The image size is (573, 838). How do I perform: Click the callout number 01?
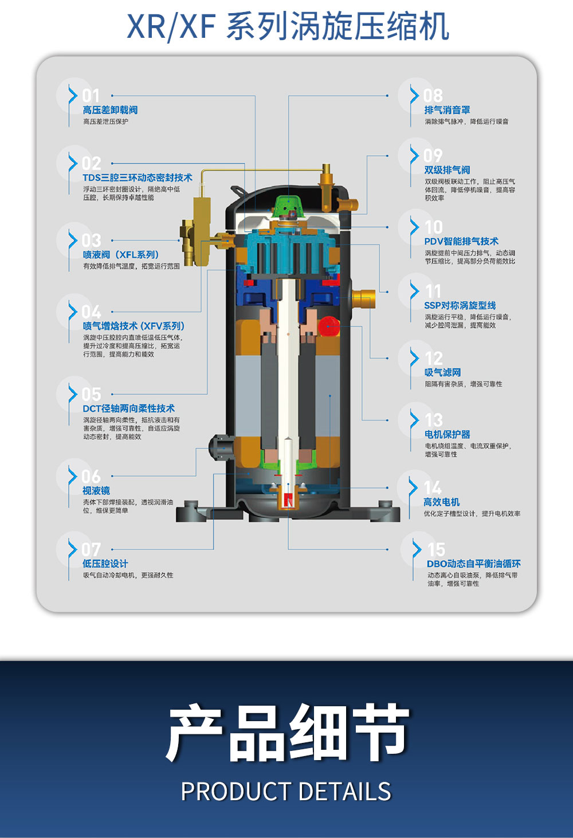pos(91,96)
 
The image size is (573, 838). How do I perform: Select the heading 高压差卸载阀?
pos(110,110)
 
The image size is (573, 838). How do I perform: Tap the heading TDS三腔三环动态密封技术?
pos(138,178)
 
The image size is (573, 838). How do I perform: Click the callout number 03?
pos(91,241)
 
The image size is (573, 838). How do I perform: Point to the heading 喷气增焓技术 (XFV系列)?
pos(134,326)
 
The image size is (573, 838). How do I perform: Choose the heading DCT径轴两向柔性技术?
pos(129,408)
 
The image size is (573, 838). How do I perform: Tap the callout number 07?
pos(91,549)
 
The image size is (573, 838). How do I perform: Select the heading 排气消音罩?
pos(447,110)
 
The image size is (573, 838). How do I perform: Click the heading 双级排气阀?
pos(447,170)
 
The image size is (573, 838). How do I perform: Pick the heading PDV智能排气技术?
pos(461,241)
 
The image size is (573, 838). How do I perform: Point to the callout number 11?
pos(433,292)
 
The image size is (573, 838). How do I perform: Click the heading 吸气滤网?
pos(442,372)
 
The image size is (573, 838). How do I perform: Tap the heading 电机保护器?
pos(447,434)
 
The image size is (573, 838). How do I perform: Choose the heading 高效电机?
pos(442,502)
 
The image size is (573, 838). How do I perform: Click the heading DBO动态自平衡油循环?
pos(473,564)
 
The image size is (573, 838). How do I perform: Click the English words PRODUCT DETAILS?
pos(286,791)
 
